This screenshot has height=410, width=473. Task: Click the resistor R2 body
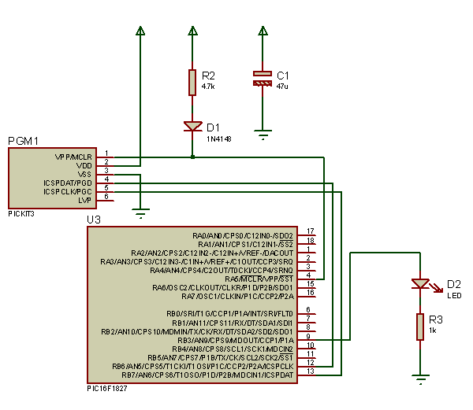(x=192, y=82)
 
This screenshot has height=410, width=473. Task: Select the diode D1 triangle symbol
(x=192, y=126)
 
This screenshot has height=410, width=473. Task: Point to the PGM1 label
(x=23, y=141)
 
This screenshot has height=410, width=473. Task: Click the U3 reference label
(x=94, y=220)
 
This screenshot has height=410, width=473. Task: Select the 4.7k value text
(x=209, y=86)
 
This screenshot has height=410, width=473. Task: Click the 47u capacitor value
(x=282, y=86)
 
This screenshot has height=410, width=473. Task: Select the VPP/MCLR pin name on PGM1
(x=73, y=157)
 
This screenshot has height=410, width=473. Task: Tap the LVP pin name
(x=85, y=201)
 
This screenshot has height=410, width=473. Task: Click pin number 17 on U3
(x=311, y=231)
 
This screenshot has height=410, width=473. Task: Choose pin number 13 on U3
(x=311, y=371)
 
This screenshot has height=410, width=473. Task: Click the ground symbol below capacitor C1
(x=263, y=135)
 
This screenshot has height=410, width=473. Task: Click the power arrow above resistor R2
(x=192, y=31)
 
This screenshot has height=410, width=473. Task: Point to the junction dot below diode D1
(x=192, y=157)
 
